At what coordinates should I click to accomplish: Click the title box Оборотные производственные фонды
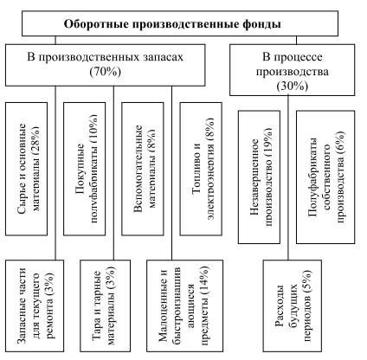coord(180,23)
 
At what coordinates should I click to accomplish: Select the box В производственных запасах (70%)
coord(106,65)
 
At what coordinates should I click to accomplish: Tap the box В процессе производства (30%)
coord(292,70)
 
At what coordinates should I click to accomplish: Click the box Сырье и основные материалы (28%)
coord(27,169)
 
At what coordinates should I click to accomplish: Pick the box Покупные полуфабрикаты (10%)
coord(85,169)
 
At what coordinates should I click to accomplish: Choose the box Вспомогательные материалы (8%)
coord(143,169)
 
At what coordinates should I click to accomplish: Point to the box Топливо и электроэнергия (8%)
coord(201,169)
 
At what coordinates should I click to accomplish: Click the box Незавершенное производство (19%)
coord(259,177)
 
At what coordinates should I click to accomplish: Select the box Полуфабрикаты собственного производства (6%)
coord(325,177)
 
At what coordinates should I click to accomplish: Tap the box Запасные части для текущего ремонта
coord(35,305)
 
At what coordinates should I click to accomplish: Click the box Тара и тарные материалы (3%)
coord(105,305)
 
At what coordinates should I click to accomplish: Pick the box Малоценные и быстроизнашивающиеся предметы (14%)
coord(184,305)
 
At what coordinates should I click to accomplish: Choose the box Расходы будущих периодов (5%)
coord(292,305)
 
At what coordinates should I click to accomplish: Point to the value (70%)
coord(106,72)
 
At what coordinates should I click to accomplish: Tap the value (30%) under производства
coord(292,87)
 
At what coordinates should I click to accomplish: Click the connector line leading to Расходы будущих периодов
coord(288,177)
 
